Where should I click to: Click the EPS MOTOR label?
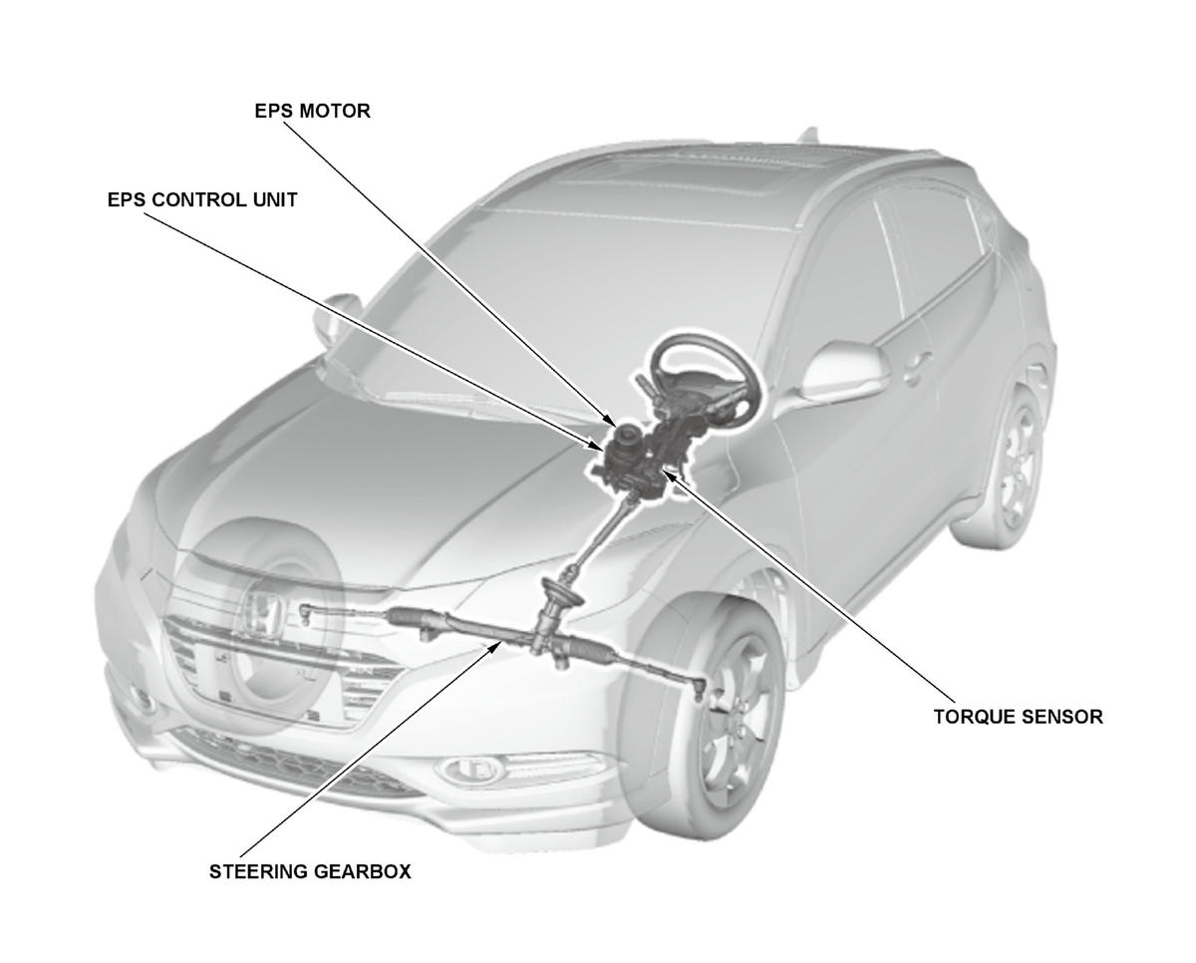pyautogui.click(x=312, y=112)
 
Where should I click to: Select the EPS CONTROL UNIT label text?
pyautogui.click(x=202, y=200)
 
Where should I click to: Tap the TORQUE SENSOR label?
pyautogui.click(x=1019, y=717)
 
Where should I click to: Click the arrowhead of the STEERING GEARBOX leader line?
pyautogui.click(x=497, y=646)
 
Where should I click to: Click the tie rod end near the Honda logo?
pyautogui.click(x=305, y=614)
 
